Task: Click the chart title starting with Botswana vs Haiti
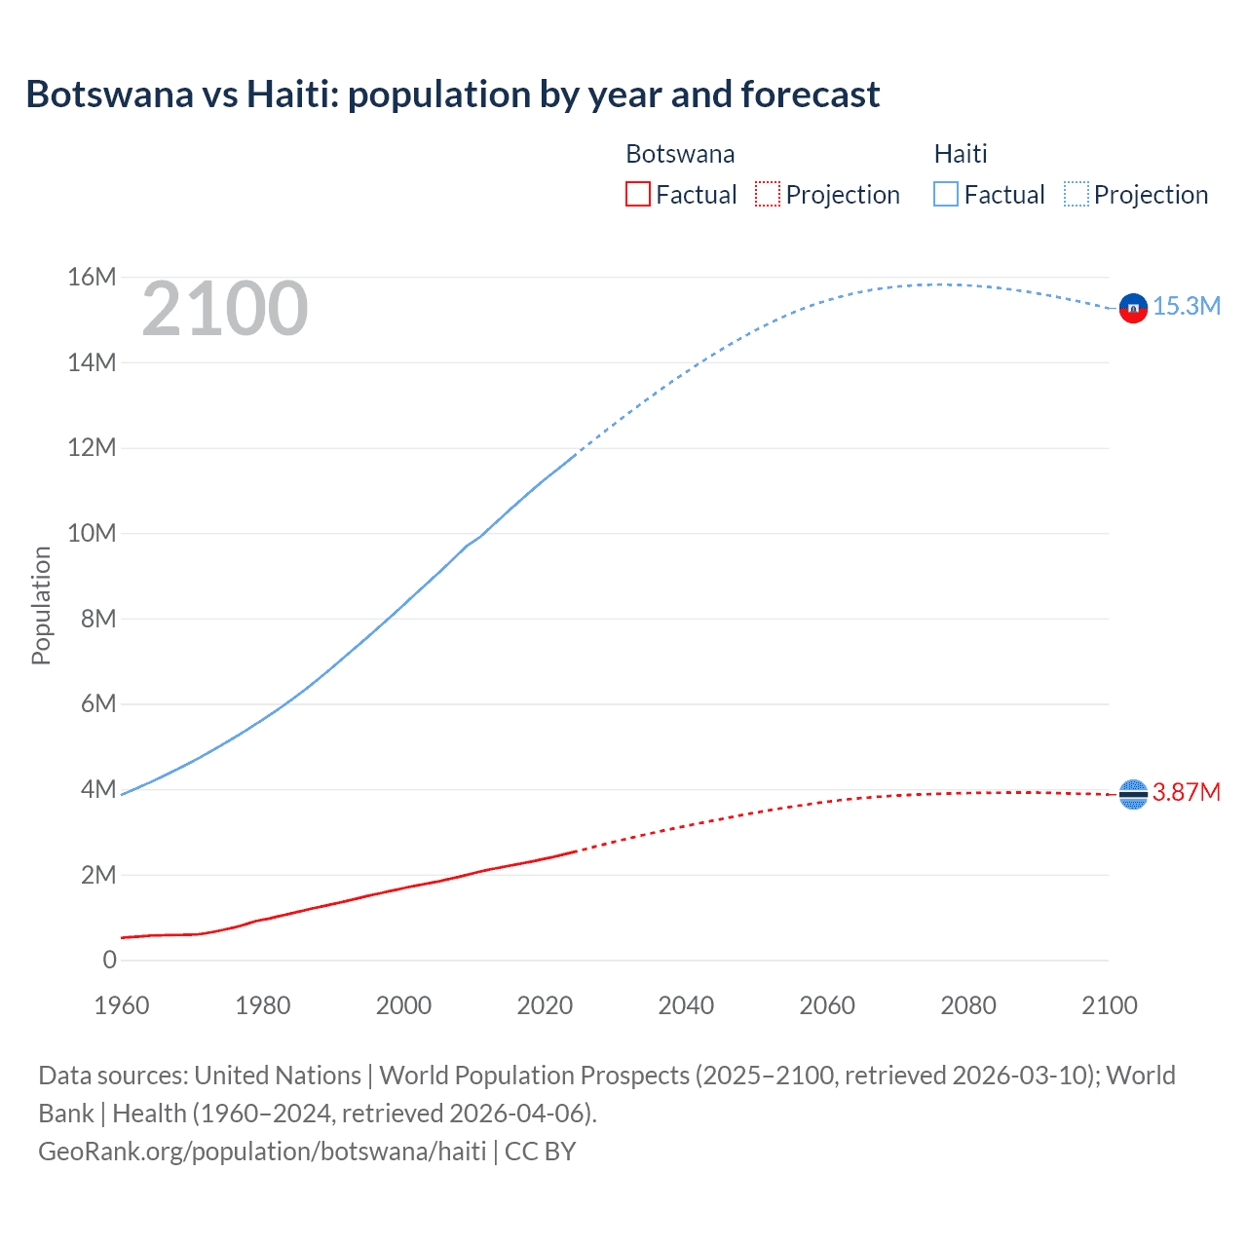pos(452,94)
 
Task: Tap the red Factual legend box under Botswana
pos(637,194)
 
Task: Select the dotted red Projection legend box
pos(768,194)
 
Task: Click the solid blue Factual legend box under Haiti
pos(945,194)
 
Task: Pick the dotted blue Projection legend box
pos(1076,194)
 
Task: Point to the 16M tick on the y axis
pos(92,278)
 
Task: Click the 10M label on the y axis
pos(92,534)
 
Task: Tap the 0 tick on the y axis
pos(109,961)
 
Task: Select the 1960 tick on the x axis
pos(122,1005)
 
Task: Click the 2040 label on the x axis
pos(686,1005)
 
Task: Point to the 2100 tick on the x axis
pos(1109,1005)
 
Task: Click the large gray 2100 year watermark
pos(225,310)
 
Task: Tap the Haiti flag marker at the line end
pos(1133,308)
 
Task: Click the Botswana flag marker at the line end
pos(1133,795)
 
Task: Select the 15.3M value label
pos(1187,306)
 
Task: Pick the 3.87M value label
pos(1187,792)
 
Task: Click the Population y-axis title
pos(41,606)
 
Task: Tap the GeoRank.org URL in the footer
pos(262,1152)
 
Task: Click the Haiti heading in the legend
pos(961,154)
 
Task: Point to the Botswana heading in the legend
pos(680,154)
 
